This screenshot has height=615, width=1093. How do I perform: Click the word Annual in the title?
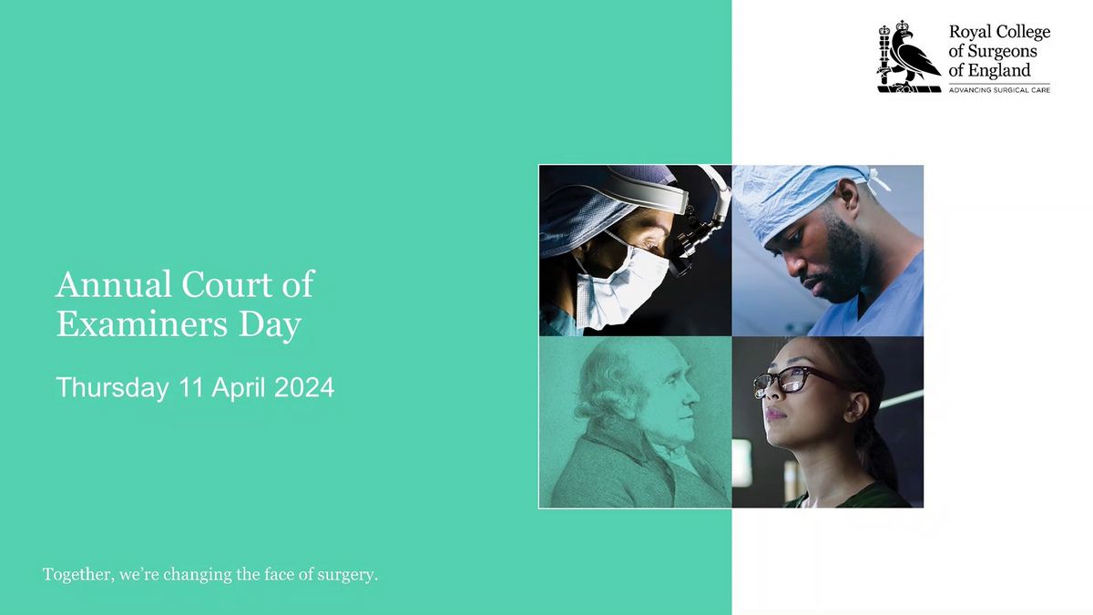[x=113, y=284]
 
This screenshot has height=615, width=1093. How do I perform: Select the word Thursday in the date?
[x=112, y=388]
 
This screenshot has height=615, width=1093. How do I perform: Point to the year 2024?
[x=304, y=387]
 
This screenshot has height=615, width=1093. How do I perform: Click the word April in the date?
[x=239, y=388]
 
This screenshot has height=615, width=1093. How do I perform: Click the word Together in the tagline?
[x=78, y=575]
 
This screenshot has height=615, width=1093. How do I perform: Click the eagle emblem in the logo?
[x=909, y=56]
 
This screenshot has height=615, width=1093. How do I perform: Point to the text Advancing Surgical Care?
[x=999, y=90]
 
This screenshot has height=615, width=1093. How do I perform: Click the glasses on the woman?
[x=795, y=380]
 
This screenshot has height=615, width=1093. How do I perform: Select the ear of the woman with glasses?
[x=857, y=406]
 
